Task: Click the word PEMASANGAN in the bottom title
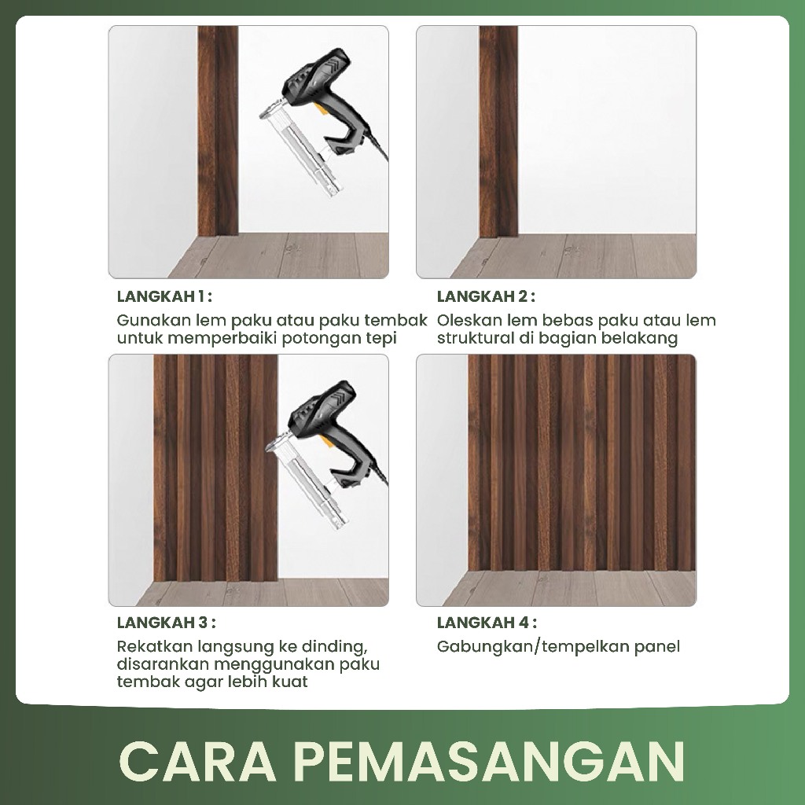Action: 491,761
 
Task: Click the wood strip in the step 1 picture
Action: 218,131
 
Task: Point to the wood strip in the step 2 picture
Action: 498,131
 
